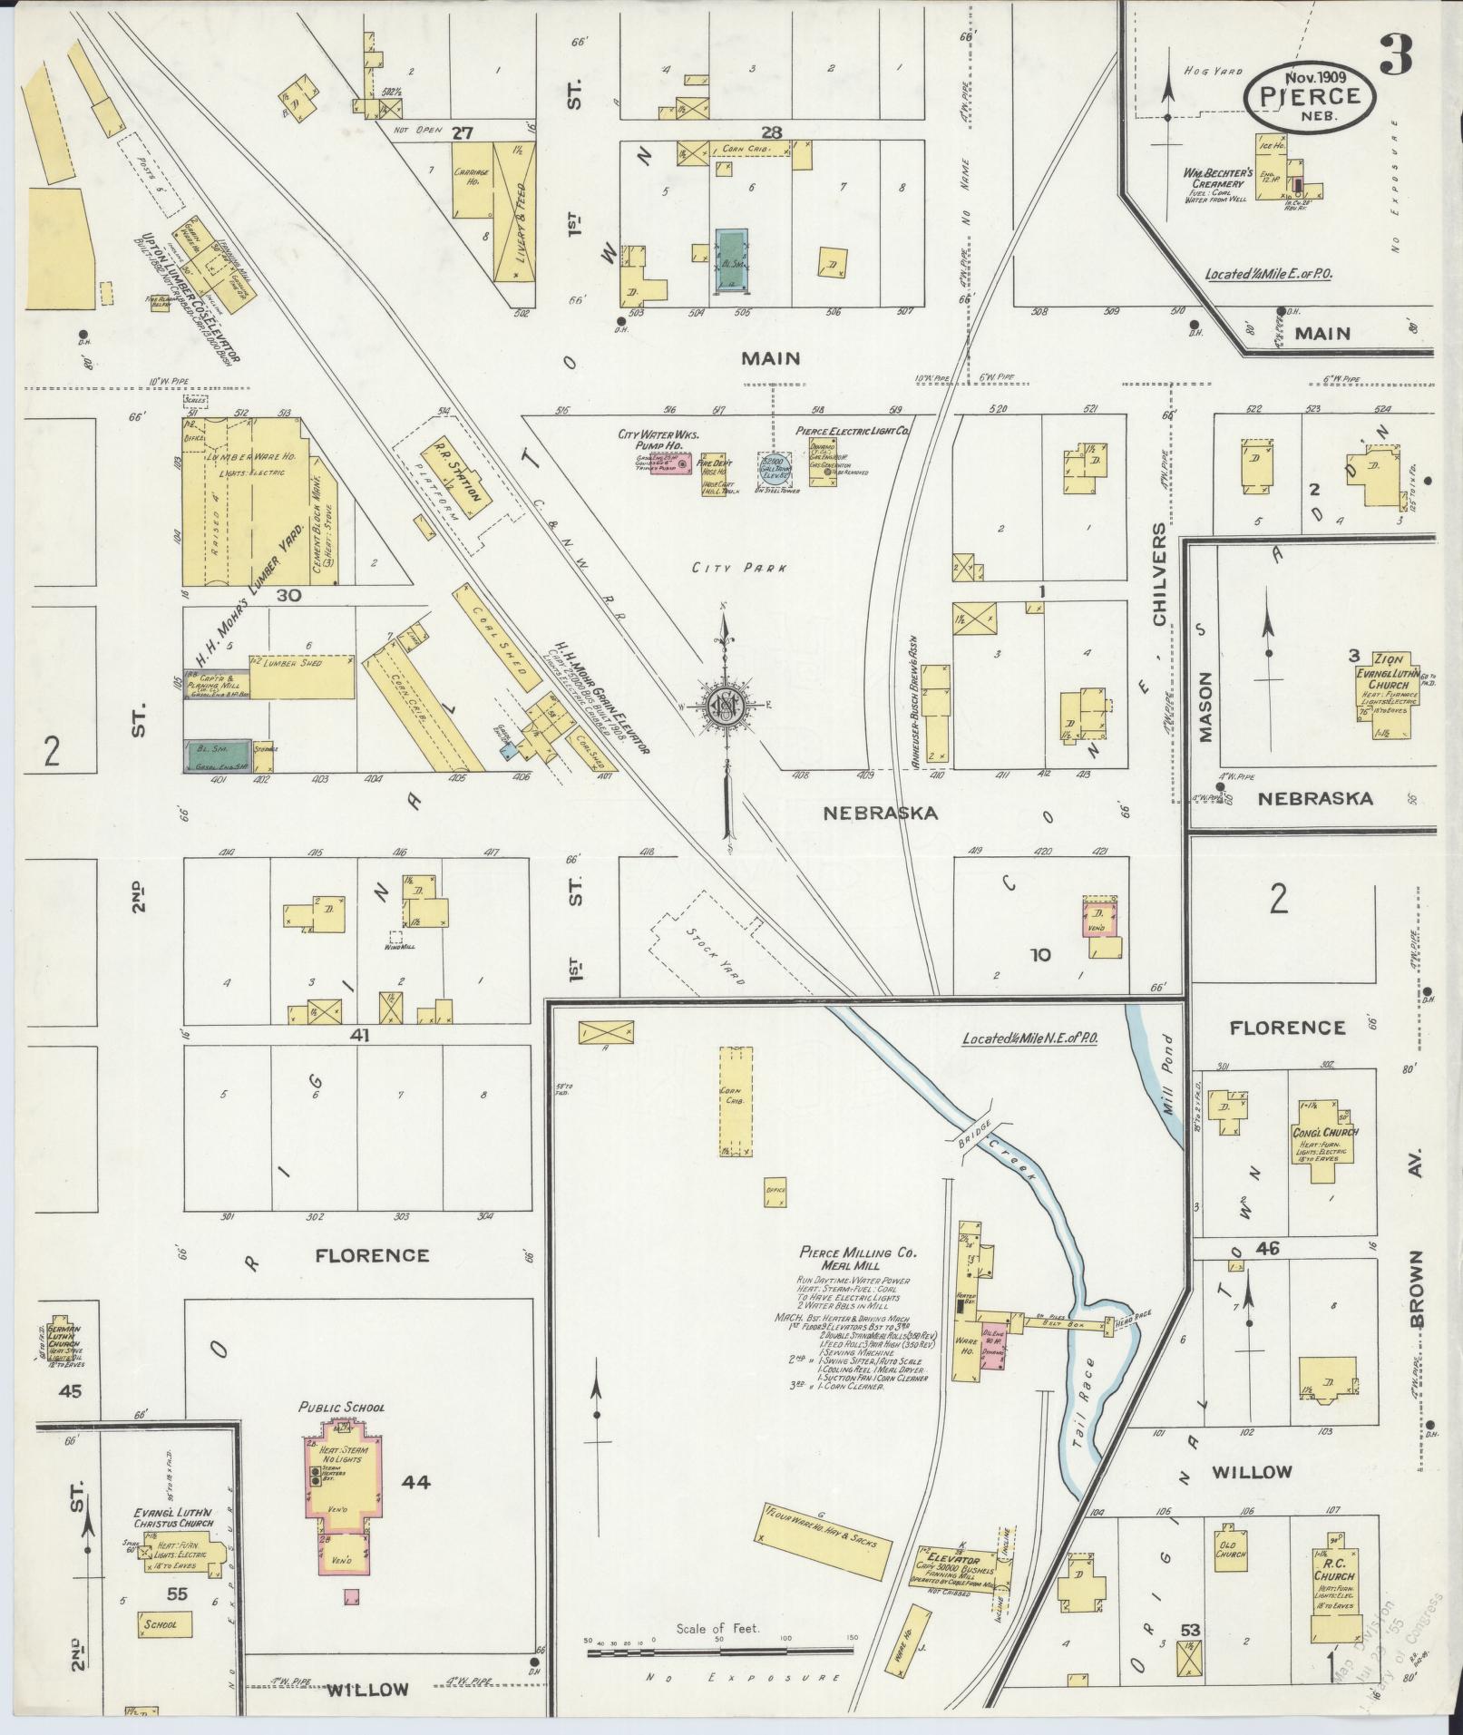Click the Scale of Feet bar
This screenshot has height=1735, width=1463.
tap(721, 1652)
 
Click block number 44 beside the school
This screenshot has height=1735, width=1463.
tap(415, 1482)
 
